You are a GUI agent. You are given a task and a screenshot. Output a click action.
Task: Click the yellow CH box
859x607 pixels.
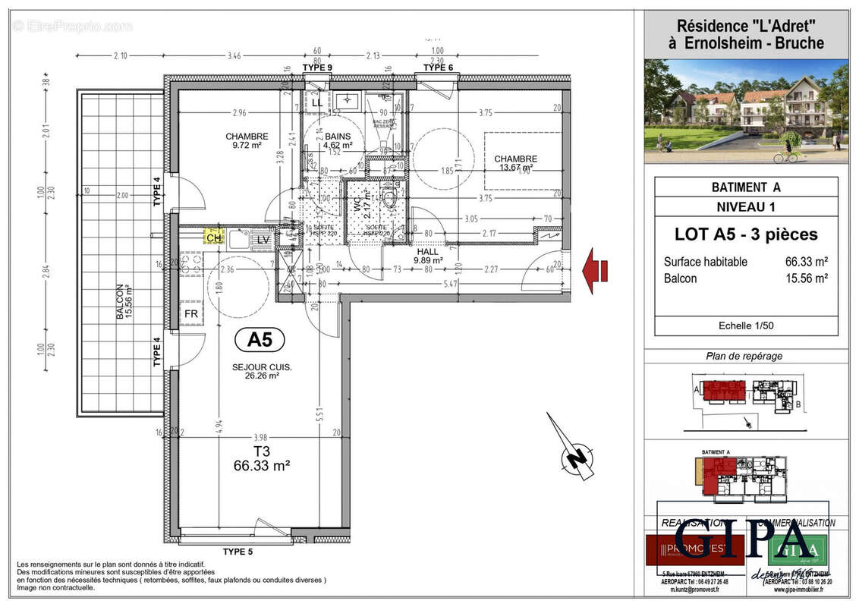point(213,237)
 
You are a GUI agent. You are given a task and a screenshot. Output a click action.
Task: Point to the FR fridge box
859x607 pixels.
point(190,313)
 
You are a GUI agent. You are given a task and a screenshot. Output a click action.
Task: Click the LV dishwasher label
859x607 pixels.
point(263,239)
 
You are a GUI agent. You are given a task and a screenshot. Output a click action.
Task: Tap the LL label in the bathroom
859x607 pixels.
point(316,102)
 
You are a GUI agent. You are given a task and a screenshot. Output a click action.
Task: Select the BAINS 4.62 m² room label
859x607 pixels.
point(338,140)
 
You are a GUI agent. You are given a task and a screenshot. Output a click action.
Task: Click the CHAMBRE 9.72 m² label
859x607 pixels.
point(247,140)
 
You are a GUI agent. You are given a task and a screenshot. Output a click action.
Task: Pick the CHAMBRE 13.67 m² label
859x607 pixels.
point(516,163)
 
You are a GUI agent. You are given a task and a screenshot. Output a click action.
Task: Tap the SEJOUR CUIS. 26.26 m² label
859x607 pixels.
point(263,371)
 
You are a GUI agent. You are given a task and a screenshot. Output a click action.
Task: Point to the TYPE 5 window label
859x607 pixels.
point(238,552)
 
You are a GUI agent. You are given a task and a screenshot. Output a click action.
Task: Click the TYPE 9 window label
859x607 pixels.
point(317,68)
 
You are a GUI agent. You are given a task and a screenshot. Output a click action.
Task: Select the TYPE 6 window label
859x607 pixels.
point(438,68)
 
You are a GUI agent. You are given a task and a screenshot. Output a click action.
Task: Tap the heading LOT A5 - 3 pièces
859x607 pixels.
point(746,234)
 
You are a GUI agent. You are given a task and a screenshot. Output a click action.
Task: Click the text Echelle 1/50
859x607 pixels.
point(746,326)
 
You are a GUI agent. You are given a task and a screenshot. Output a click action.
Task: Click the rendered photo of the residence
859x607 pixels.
point(746,111)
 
